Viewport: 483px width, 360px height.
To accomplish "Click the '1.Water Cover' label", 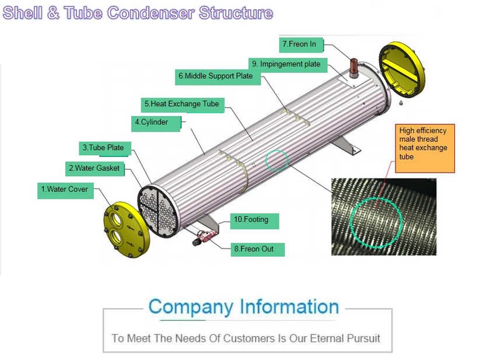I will [x=65, y=190].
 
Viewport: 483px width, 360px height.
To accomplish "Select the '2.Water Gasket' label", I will [x=94, y=169].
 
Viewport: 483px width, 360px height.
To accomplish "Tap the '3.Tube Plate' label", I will [x=105, y=148].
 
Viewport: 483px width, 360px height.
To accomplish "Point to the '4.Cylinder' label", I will [x=156, y=123].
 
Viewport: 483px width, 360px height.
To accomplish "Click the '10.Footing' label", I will [x=254, y=220].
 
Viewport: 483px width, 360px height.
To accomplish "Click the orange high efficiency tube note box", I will [x=425, y=148].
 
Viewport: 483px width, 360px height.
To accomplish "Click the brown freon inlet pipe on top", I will [x=353, y=64].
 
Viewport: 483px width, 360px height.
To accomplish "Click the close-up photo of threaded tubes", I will [x=383, y=217].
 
